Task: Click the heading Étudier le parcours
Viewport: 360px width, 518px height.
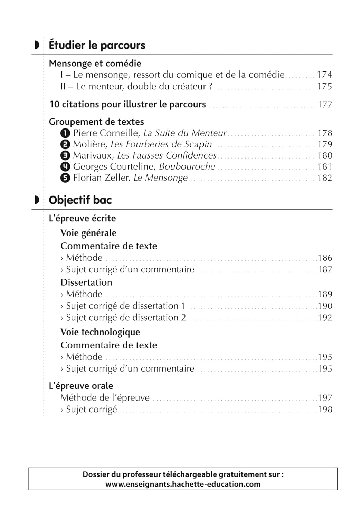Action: pos(97,45)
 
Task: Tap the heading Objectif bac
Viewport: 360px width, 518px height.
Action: pos(80,200)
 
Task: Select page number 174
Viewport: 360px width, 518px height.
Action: pos(324,75)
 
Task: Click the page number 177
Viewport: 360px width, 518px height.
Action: pos(324,104)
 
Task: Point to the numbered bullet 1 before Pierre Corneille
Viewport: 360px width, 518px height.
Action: pos(65,133)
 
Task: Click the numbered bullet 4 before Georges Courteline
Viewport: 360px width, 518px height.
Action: pos(65,166)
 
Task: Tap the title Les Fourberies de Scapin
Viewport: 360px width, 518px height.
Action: pos(161,144)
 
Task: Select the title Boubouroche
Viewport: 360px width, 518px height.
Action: pos(187,166)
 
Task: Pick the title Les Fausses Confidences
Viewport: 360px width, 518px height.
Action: pos(167,155)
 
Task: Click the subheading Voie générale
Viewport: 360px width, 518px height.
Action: pos(88,233)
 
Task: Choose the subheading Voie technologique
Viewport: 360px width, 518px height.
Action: pos(100,332)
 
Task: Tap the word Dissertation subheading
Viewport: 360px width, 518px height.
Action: pos(86,282)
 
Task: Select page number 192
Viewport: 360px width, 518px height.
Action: pos(325,317)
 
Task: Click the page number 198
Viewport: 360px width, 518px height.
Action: pos(325,409)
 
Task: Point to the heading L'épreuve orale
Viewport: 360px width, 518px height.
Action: pos(81,386)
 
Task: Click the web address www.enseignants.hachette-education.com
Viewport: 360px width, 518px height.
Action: pos(183,484)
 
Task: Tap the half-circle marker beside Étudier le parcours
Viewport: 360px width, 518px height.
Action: pos(37,45)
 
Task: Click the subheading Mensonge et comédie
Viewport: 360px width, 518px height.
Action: pos(95,63)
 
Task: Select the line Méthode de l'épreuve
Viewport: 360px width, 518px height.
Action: pos(105,397)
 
